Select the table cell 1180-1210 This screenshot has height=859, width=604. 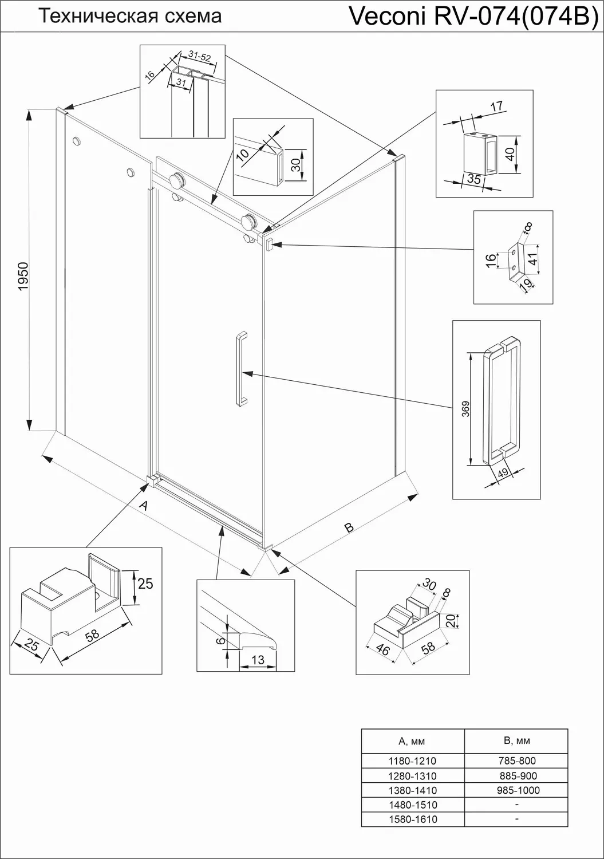pos(412,761)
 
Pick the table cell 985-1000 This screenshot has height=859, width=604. pos(516,790)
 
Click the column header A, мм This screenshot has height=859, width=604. pos(412,741)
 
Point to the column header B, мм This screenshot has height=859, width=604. pos(516,740)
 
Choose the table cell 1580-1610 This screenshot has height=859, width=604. pos(412,819)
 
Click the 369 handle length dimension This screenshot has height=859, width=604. pos(466,409)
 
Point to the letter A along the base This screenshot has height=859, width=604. pos(145,506)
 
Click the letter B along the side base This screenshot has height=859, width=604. pos(349,527)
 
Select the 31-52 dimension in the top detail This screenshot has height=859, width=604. pos(199,56)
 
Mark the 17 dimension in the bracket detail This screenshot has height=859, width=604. pos(496,106)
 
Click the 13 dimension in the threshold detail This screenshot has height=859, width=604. pos(258,660)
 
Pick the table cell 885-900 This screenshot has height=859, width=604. pos(516,776)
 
